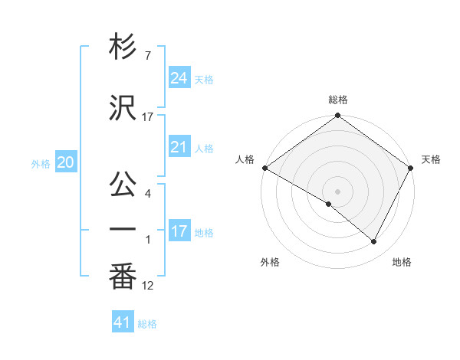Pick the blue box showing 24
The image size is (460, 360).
coord(179,77)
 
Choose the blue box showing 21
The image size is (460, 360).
coord(179,146)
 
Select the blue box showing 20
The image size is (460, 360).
coord(66,162)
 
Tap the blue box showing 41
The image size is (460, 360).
coord(123,322)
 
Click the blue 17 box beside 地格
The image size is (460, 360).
coord(179,231)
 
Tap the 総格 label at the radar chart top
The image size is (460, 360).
coord(338,100)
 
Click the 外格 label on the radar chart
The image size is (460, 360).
coord(270,262)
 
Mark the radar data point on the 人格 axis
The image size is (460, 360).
coord(264,168)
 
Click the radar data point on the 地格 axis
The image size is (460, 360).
coord(374,242)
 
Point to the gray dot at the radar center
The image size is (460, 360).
coord(338,191)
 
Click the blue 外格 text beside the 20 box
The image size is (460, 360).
coord(41,163)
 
